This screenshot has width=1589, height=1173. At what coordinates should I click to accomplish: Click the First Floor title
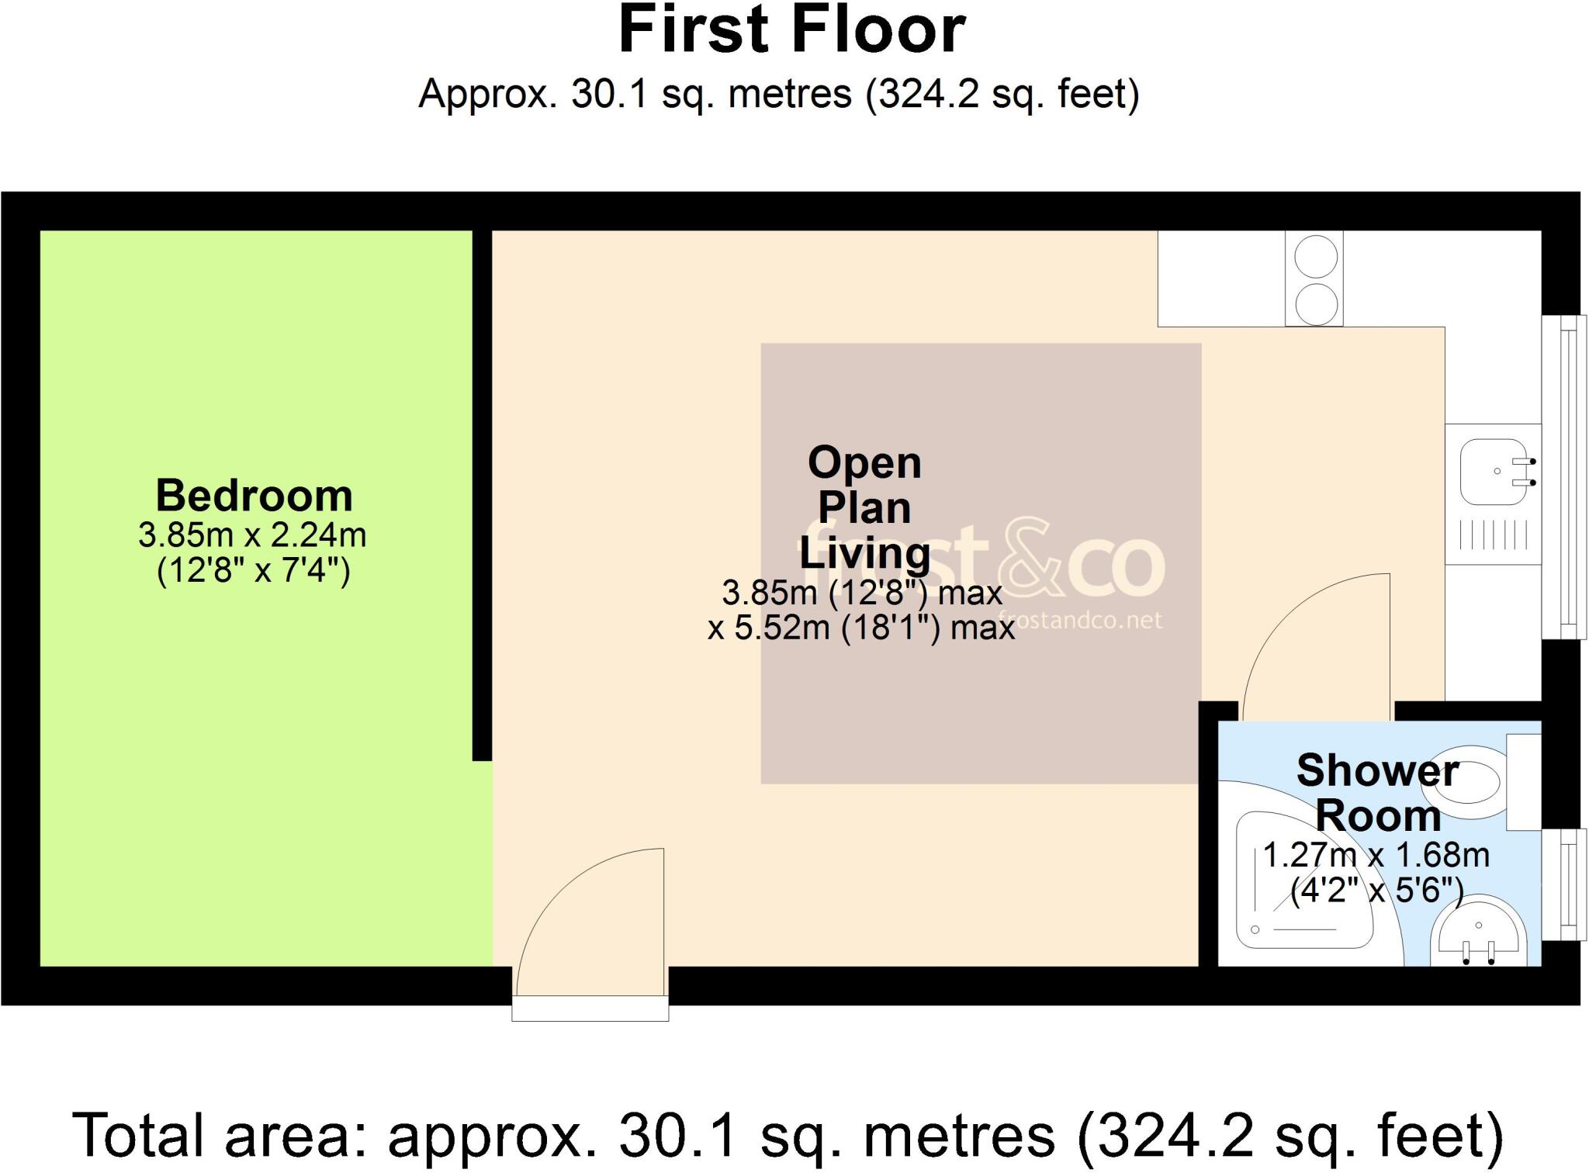tap(792, 31)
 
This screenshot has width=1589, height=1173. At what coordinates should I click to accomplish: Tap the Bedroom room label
tap(254, 496)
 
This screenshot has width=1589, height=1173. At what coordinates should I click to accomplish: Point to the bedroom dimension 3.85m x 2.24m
tap(252, 535)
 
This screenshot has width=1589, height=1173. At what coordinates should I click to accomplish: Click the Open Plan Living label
tap(864, 508)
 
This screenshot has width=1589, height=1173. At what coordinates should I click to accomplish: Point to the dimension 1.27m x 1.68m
tap(1376, 856)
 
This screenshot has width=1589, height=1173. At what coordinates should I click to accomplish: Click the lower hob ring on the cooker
tap(1315, 303)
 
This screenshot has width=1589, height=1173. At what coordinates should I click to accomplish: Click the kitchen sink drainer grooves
tap(1493, 535)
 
